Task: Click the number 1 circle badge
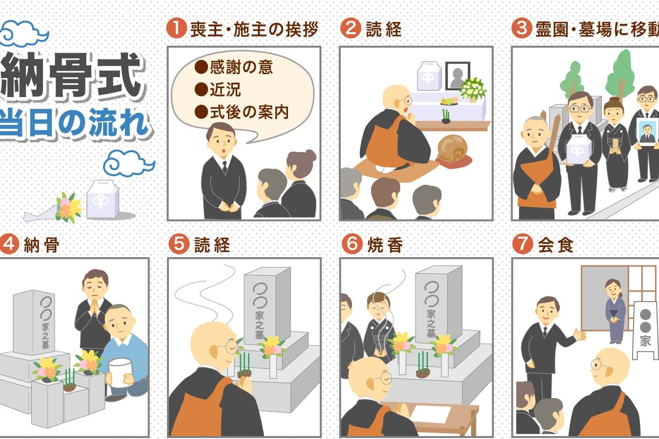pyautogui.click(x=177, y=28)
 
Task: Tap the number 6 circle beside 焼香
pyautogui.click(x=352, y=244)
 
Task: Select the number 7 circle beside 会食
pyautogui.click(x=522, y=244)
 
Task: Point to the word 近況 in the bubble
pyautogui.click(x=225, y=90)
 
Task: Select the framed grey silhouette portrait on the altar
pyautogui.click(x=457, y=76)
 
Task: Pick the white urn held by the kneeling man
pyautogui.click(x=121, y=373)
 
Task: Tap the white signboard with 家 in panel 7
pyautogui.click(x=645, y=330)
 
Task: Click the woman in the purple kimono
pyautogui.click(x=615, y=311)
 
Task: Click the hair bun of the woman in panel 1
pyautogui.click(x=310, y=155)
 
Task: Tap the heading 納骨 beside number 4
pyautogui.click(x=41, y=244)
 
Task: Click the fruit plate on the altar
pyautogui.click(x=449, y=101)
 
